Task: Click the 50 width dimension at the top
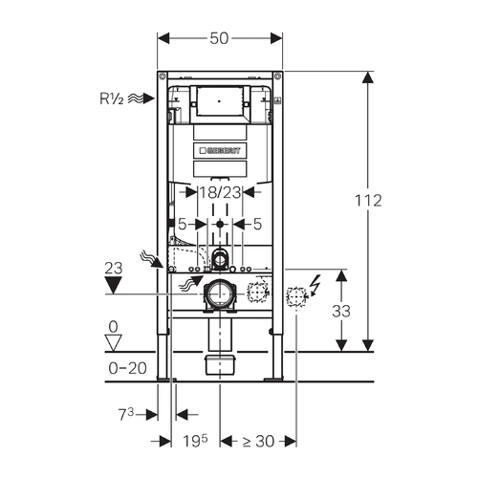pos(219,38)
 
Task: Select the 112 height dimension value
pos(368,201)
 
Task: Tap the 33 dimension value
pos(341,311)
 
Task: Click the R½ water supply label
pos(112,98)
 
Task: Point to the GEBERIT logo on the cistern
pos(220,150)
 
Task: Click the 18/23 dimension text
pos(220,192)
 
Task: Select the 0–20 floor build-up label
pos(127,368)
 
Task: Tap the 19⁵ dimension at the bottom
pos(195,441)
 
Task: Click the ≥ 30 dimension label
pos(258,442)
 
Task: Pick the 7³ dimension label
pos(126,414)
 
